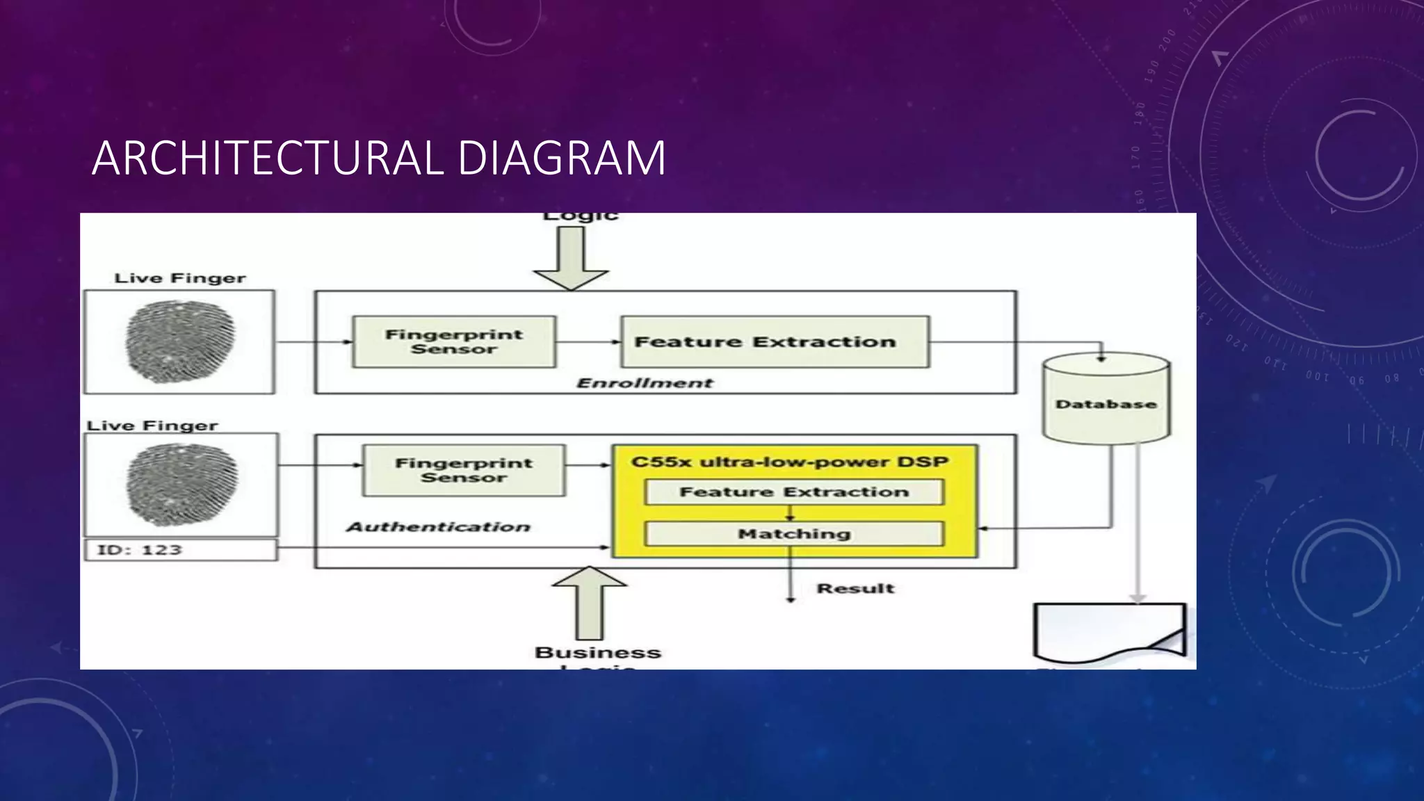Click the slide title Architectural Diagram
pos(379,158)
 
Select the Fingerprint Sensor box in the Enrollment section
pos(454,341)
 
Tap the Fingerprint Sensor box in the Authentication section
pos(464,470)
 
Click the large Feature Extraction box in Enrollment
pos(775,341)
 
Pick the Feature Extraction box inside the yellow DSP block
pos(794,492)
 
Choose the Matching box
pos(794,533)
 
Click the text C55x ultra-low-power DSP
pos(789,462)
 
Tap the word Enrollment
pos(645,382)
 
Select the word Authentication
pos(439,527)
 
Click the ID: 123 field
pos(180,549)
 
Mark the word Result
pos(855,588)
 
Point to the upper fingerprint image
pos(179,341)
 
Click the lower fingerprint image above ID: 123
pos(181,485)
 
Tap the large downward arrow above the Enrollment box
pos(571,257)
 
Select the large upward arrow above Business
pos(590,601)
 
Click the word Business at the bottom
pos(597,652)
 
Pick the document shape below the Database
pos(1108,631)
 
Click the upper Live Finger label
pos(179,278)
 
